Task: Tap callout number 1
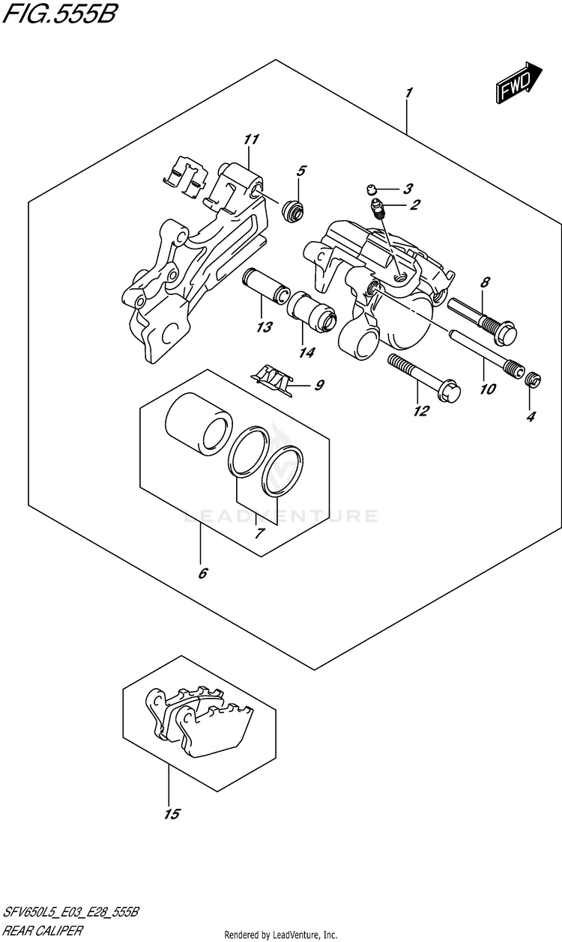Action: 409,94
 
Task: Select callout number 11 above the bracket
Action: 250,139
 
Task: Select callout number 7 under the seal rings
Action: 260,534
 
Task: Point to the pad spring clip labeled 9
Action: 271,377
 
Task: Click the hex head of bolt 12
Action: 451,389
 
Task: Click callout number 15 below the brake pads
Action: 172,814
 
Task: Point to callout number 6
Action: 202,574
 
